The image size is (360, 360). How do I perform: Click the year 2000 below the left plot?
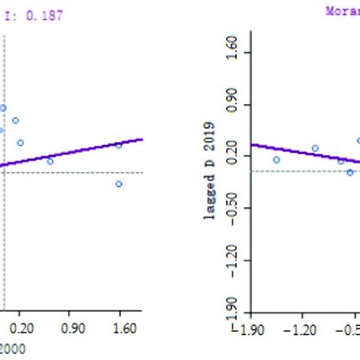pyautogui.click(x=11, y=349)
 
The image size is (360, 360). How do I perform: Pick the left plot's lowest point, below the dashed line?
pyautogui.click(x=119, y=184)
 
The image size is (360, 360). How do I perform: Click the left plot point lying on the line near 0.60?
pyautogui.click(x=50, y=161)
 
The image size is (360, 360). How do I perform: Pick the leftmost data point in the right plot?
pyautogui.click(x=276, y=159)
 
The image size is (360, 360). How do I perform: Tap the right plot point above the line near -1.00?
pyautogui.click(x=315, y=148)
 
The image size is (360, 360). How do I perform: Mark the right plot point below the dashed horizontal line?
pyautogui.click(x=350, y=172)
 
